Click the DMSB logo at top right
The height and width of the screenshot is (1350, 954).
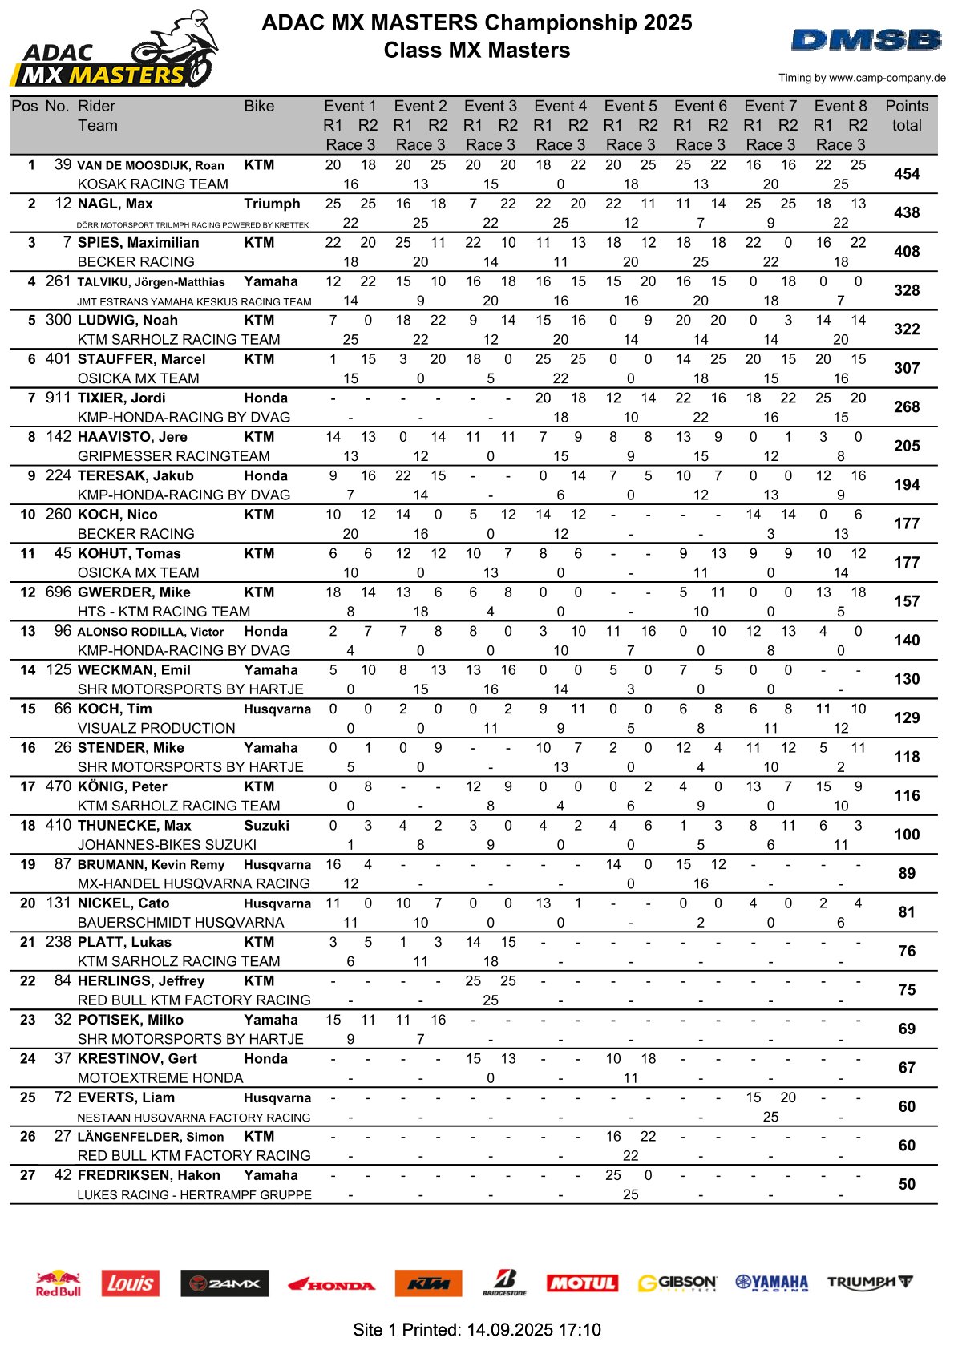coord(866,40)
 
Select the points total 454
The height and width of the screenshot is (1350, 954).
coord(907,174)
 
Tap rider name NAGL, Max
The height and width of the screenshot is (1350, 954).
coord(115,204)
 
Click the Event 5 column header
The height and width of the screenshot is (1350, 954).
coord(630,106)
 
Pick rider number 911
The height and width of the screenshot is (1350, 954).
coord(59,398)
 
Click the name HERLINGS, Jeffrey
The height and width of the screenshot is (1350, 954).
coord(141,980)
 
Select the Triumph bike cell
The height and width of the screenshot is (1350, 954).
coord(272,204)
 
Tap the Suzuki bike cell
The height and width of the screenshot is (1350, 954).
coord(266,825)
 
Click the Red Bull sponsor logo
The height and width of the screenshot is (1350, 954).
coord(59,1283)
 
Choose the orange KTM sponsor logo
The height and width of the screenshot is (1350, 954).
coord(428,1283)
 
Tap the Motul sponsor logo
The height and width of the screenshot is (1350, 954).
coord(581,1283)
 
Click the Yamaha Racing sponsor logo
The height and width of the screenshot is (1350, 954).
coord(771,1283)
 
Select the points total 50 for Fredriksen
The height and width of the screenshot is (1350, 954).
coord(907,1184)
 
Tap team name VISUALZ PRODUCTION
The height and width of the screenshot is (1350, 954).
coord(156,728)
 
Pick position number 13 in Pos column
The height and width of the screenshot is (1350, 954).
coord(28,631)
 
